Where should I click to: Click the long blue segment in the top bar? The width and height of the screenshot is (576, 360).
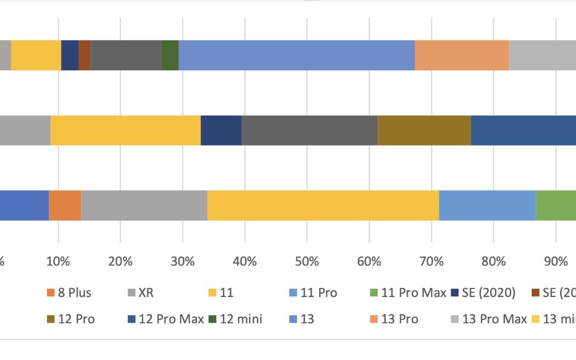click(297, 55)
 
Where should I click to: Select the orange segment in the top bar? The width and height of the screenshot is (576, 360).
click(461, 55)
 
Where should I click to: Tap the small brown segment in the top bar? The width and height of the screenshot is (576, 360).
click(84, 55)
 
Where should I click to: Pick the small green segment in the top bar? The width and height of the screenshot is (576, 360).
click(170, 55)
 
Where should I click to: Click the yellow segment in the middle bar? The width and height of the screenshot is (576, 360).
click(125, 130)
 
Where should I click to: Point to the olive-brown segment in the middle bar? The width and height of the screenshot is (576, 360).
click(424, 130)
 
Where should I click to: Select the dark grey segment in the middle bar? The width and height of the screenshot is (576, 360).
click(309, 130)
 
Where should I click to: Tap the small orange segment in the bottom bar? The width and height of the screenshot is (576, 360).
click(65, 205)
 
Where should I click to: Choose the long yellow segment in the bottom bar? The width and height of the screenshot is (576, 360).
click(323, 205)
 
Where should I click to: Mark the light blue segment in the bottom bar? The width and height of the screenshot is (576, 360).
click(487, 205)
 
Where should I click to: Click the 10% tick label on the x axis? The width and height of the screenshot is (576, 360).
click(58, 261)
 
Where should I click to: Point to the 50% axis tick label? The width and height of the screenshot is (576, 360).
click(307, 261)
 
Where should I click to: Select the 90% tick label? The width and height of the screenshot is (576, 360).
click(555, 261)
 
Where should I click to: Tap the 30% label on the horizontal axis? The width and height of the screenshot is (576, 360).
click(182, 261)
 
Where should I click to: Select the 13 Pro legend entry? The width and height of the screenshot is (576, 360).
click(395, 319)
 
